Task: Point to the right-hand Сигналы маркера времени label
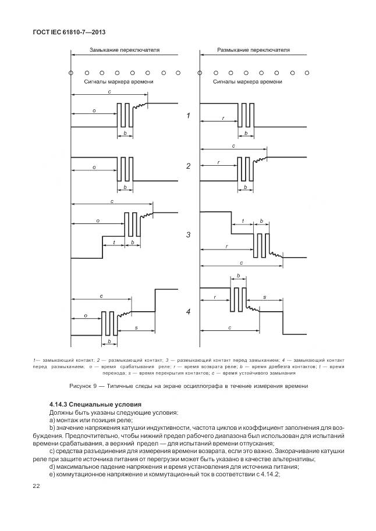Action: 247,82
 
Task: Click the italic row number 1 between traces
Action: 188,116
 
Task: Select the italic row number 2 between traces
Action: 188,166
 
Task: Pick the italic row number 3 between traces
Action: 188,236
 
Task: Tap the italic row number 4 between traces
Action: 188,312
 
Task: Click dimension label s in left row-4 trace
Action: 136,329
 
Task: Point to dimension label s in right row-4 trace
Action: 264,297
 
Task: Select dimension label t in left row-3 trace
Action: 114,242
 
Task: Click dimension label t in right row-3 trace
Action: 243,222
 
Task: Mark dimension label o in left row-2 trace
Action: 94,167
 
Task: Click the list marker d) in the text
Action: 52,466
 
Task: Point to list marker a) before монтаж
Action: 52,420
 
